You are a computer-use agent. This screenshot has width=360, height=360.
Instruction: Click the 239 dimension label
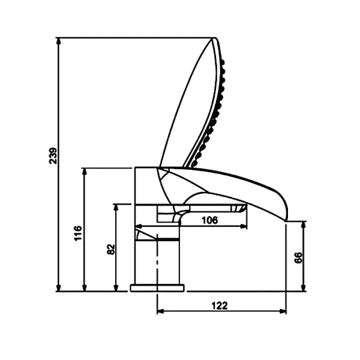click(53, 155)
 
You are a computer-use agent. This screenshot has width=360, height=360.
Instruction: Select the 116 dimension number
click(78, 233)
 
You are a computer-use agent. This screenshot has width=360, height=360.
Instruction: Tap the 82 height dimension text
click(111, 249)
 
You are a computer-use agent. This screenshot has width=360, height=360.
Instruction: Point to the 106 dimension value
click(210, 220)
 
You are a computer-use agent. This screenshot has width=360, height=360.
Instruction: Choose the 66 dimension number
click(298, 257)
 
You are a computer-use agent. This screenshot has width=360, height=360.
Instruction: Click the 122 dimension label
click(220, 305)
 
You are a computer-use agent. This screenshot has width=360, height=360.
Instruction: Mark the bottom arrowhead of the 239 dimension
click(59, 287)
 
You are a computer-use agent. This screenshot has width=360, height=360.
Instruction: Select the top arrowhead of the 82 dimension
click(116, 208)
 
